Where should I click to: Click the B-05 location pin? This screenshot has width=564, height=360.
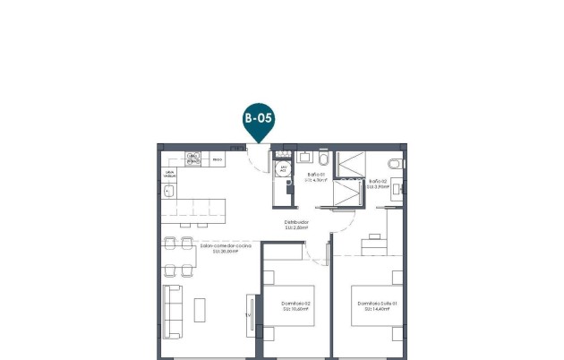(258, 121)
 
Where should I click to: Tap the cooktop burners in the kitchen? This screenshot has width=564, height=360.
(192, 159)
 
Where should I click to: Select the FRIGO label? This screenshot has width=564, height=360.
(217, 159)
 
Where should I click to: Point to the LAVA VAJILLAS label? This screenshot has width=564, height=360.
(169, 174)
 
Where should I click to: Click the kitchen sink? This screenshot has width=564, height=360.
(169, 190)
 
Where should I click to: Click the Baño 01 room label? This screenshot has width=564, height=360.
(315, 175)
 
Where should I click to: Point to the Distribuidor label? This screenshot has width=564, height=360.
(296, 222)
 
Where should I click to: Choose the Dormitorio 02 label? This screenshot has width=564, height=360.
(295, 303)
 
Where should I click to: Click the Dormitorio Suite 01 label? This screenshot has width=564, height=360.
(377, 303)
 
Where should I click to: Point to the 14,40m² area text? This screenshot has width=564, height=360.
(377, 309)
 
